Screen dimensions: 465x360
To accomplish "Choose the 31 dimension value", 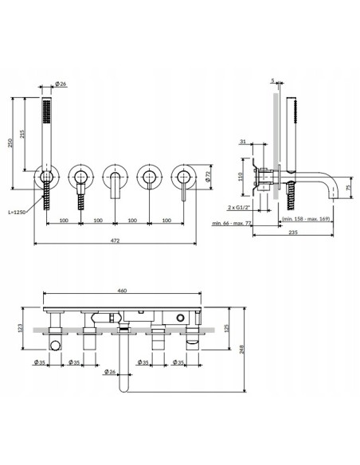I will [x=243, y=143].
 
